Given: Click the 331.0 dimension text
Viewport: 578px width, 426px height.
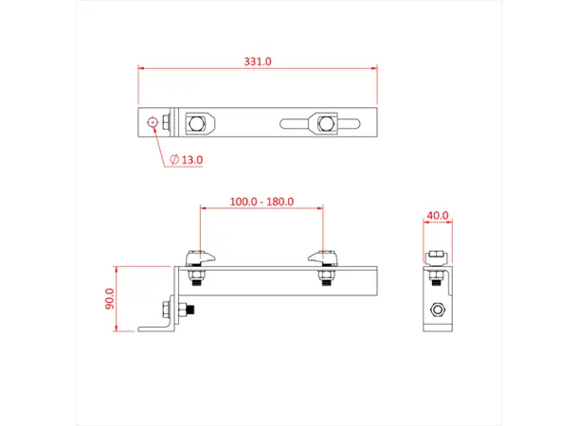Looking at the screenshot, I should [x=258, y=61].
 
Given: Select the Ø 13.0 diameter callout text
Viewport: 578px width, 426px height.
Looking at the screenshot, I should [x=188, y=160].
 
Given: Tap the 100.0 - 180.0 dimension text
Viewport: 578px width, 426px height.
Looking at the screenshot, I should [x=262, y=202].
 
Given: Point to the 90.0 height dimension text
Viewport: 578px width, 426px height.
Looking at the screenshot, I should [x=109, y=298].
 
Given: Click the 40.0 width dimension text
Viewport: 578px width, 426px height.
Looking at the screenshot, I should [x=437, y=216].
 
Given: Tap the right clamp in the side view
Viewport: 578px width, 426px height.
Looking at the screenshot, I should [x=323, y=257].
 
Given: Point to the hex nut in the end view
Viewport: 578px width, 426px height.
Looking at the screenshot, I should [x=437, y=310].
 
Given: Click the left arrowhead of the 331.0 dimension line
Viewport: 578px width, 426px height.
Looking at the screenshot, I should [x=142, y=68].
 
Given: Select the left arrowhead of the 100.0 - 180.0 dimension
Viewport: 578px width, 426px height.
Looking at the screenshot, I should [x=202, y=209].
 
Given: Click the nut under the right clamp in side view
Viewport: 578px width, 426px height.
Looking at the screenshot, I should [x=324, y=277].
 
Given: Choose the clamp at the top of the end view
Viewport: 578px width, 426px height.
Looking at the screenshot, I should [x=437, y=257].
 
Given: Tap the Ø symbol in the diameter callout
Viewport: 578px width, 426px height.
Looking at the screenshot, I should [x=175, y=160].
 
